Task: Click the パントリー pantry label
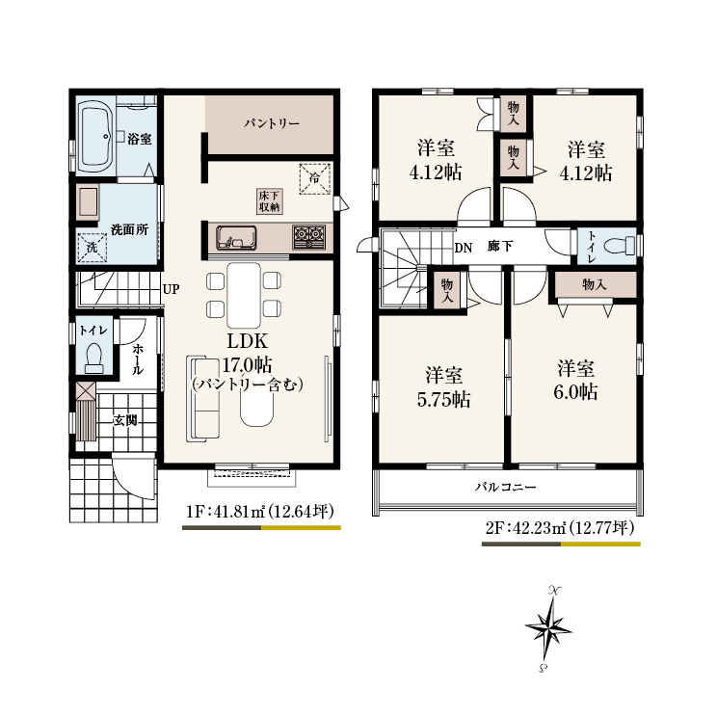coord(271,123)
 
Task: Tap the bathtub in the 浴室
coord(95,136)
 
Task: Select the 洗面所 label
coord(129,229)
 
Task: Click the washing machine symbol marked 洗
coord(92,248)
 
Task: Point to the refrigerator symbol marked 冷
coord(314,178)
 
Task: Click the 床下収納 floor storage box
coord(269,201)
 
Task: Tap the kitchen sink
coord(235,238)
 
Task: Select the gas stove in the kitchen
coord(308,237)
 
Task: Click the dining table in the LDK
coord(244,296)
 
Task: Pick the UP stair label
coord(171,289)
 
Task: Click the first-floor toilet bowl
coord(94,358)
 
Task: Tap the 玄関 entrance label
coord(125,420)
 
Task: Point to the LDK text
coord(248,341)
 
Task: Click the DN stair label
coord(464,249)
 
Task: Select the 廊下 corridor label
coord(499,247)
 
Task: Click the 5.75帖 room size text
coord(443,400)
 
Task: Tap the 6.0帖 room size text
coord(575,392)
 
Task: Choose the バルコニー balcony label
coord(506,487)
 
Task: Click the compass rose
coord(547,628)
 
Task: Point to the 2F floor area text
coord(560,529)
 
